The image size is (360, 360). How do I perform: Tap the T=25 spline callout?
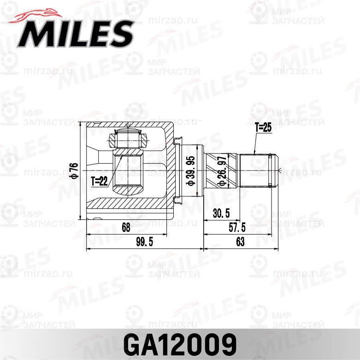[x=263, y=128]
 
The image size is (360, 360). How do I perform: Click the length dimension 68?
[x=126, y=227]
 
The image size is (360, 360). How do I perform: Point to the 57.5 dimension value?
[x=237, y=227]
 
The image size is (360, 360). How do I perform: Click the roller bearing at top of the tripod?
[x=128, y=137]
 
